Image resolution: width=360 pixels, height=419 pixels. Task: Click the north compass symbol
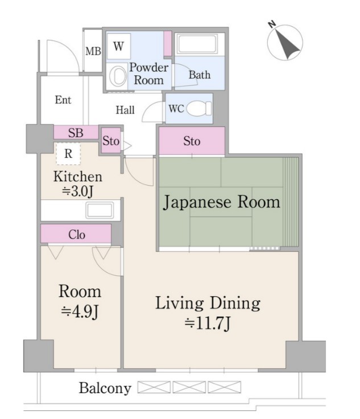pos(285,42)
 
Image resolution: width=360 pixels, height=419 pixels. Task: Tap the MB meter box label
pos(93,51)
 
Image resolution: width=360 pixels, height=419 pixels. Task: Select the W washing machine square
pos(119,46)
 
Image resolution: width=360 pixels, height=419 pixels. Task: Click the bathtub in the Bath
pos(198,44)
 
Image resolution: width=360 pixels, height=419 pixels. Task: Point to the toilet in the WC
pos(199,109)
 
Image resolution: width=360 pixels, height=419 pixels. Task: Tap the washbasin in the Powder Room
pos(118,76)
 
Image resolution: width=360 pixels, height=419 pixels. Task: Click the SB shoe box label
pos(76,133)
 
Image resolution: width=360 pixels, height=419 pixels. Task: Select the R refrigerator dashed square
pos(68,154)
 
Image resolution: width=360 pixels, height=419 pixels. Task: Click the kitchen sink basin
pos(100,210)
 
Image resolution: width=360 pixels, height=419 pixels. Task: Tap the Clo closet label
pos(77,235)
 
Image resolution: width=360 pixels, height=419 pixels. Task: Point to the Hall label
pos(125,110)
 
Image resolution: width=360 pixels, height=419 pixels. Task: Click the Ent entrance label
pos(63,100)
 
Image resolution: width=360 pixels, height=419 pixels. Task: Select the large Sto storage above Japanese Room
pos(192,141)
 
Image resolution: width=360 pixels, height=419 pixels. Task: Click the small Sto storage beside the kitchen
pos(111,141)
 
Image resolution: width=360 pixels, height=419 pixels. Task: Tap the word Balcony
pos(105,388)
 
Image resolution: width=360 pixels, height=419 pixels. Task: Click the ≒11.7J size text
pos(208,323)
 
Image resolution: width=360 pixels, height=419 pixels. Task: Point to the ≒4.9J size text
pos(80,311)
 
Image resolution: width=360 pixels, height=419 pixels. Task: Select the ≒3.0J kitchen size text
pos(77,191)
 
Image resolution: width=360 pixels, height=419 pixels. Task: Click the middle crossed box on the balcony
pos(189,387)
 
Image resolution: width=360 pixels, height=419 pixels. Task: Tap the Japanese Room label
pos(221,202)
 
